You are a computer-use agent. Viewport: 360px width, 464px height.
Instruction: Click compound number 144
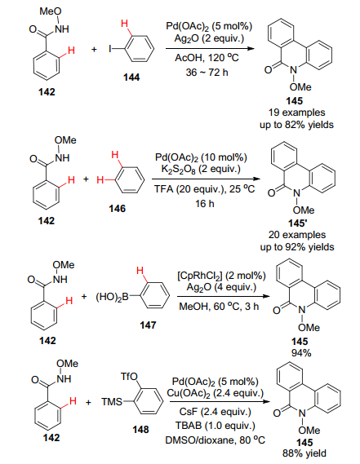click(131, 77)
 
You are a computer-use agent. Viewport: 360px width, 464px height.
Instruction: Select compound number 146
click(117, 209)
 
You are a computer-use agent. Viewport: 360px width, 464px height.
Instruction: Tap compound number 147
click(148, 325)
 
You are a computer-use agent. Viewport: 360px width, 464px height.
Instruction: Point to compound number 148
click(140, 430)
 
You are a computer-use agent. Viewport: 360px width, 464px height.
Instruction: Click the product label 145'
click(298, 223)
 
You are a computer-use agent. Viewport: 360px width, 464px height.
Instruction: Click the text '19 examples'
click(296, 113)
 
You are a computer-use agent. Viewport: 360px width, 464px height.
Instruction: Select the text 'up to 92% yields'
click(297, 247)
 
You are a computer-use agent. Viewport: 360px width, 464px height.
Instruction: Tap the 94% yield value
click(301, 353)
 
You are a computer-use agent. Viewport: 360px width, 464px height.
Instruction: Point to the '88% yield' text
click(304, 453)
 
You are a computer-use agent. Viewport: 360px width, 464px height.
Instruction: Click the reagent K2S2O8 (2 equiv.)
click(201, 169)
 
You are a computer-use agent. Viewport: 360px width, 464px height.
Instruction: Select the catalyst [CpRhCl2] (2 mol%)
click(221, 276)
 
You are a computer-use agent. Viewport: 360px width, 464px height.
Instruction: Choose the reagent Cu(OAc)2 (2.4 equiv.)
click(216, 393)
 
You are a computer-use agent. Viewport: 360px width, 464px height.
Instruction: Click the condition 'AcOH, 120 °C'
click(207, 57)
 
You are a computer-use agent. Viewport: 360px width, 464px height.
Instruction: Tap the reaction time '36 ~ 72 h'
click(207, 72)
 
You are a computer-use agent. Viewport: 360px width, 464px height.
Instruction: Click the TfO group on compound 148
click(129, 377)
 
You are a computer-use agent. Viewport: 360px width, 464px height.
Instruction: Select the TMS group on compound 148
click(112, 401)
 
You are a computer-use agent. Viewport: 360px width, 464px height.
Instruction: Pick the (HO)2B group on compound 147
click(112, 297)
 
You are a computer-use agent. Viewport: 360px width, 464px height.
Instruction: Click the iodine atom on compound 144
click(110, 49)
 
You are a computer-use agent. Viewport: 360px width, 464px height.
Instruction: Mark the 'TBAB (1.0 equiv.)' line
click(216, 426)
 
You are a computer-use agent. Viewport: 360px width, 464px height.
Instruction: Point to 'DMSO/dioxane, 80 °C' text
click(216, 440)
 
